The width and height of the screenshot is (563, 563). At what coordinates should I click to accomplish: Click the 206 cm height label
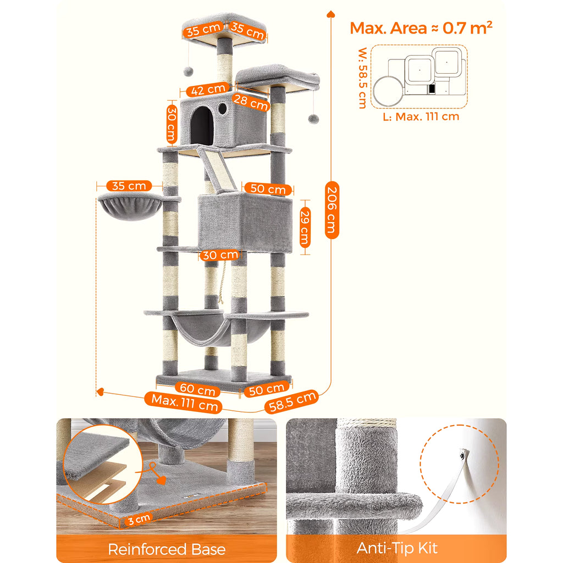[332, 209]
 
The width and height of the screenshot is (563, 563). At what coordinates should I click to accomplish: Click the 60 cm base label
[198, 390]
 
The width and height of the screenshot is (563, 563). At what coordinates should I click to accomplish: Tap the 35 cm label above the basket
[129, 186]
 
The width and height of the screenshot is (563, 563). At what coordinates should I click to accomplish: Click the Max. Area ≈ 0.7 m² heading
[421, 28]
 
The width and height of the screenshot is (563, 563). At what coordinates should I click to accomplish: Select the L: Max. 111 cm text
[420, 116]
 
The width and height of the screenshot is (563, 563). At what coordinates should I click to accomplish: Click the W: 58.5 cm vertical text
[362, 78]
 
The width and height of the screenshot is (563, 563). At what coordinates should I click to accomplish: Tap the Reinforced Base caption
[167, 549]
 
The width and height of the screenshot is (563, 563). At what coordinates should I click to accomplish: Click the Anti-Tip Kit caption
[397, 548]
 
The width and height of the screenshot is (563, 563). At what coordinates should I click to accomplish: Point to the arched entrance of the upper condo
[202, 126]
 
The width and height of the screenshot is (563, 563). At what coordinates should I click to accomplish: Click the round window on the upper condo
[223, 108]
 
